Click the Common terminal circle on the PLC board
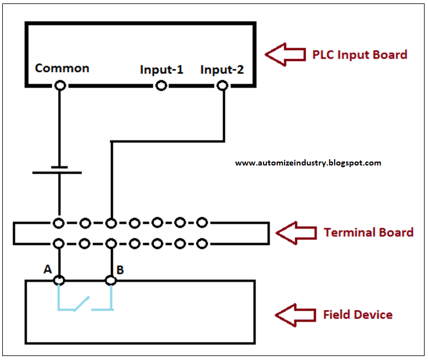(x=59, y=85)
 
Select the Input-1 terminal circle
(x=162, y=85)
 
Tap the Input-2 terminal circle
(x=223, y=85)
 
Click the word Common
(x=62, y=68)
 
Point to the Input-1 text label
(x=162, y=70)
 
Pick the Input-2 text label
(x=223, y=70)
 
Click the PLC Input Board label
(x=360, y=55)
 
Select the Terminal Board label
(x=368, y=233)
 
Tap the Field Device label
(x=358, y=315)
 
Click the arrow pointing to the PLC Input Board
(x=286, y=55)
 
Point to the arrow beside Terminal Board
(x=295, y=233)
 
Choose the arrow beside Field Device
(x=295, y=315)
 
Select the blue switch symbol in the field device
(x=84, y=300)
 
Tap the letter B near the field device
(x=121, y=270)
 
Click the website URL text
(x=308, y=163)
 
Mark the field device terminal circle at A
(x=59, y=280)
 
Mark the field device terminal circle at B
(x=111, y=280)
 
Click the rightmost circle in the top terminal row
(x=201, y=222)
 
